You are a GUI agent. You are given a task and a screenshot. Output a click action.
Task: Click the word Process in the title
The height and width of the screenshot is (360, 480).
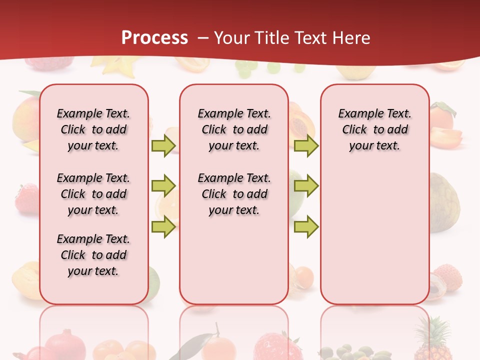pos(154,37)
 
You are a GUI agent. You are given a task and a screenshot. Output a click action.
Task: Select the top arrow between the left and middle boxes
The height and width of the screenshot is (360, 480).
pos(163,145)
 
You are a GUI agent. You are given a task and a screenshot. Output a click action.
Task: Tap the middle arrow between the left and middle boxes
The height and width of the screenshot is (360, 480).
pos(163,186)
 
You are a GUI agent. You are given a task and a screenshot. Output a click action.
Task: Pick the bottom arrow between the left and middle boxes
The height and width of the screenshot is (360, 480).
pos(163,227)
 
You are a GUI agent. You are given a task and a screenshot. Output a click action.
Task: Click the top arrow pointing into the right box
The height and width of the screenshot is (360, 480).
pos(306,145)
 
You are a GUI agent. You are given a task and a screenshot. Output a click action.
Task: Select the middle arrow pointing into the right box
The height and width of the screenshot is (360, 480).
pos(306,186)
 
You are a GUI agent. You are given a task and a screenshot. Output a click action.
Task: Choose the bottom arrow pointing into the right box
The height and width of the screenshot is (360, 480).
pos(306,227)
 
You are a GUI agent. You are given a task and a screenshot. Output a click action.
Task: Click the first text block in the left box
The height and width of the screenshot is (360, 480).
pos(93,129)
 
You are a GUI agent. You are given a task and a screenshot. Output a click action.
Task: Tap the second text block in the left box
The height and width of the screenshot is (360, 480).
pos(93,194)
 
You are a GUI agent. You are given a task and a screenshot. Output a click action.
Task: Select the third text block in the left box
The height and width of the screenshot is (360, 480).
pos(93,255)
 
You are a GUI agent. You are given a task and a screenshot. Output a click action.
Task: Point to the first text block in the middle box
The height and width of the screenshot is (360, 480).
pos(234,129)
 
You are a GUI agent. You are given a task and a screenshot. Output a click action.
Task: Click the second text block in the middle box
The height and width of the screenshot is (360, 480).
pos(234,194)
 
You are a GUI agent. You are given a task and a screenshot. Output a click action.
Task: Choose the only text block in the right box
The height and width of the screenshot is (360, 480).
pos(374,129)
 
